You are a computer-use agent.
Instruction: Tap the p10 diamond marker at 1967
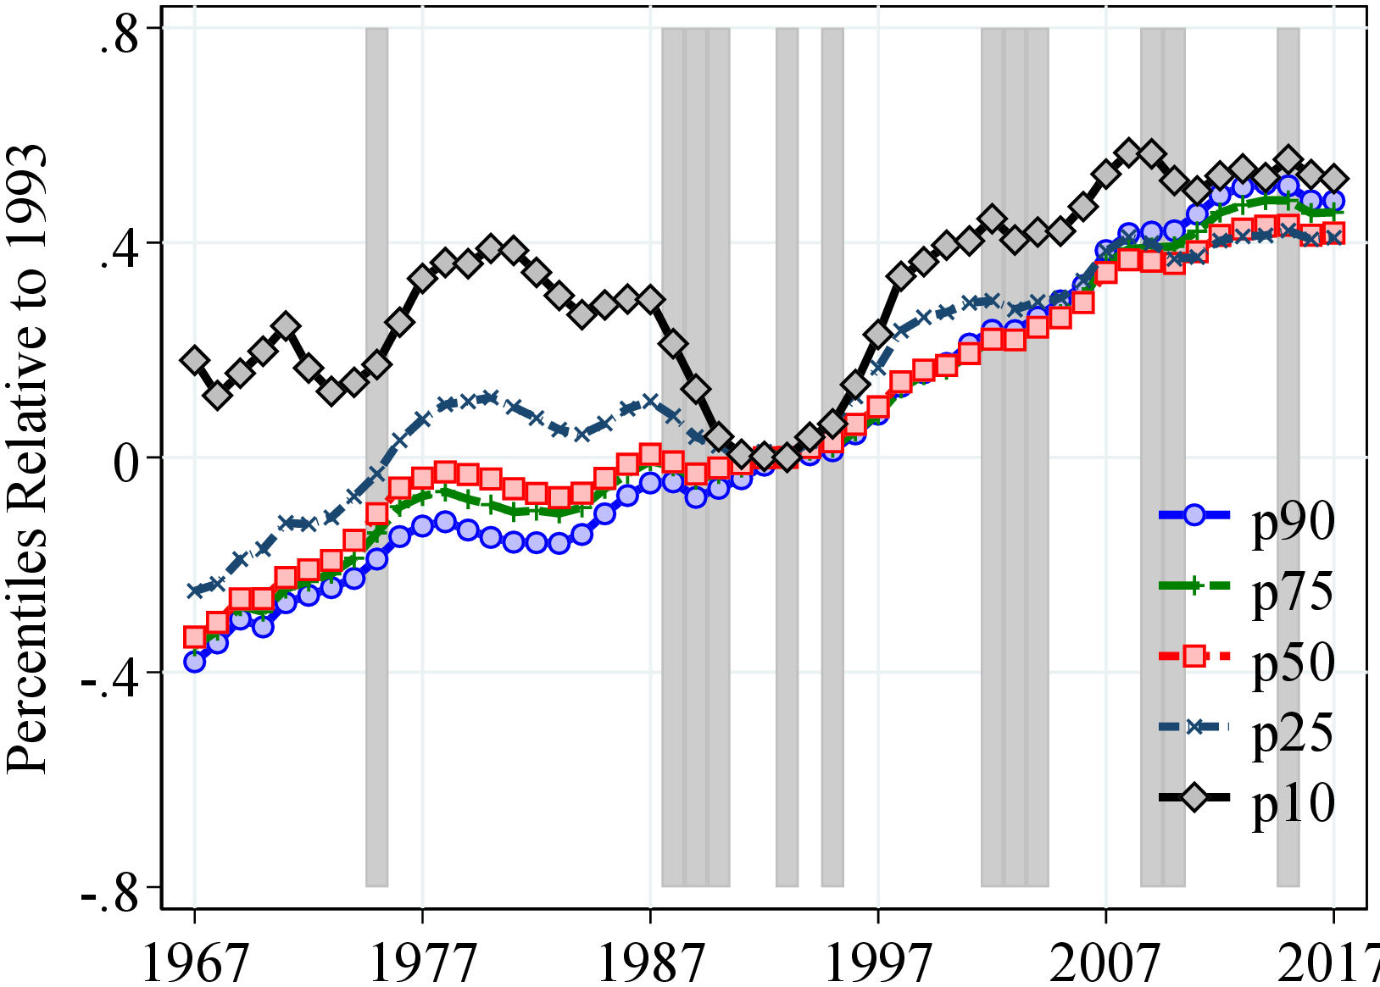(x=195, y=360)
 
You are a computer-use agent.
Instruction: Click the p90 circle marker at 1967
(x=195, y=662)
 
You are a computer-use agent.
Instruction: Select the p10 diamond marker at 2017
(x=1334, y=179)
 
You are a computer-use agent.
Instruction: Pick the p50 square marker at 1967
(x=195, y=637)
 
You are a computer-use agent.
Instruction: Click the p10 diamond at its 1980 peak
(x=491, y=248)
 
